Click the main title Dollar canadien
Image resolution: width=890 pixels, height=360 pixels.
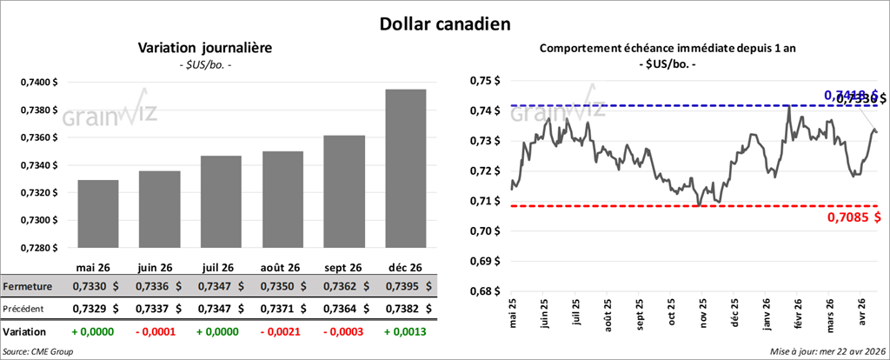[444, 23]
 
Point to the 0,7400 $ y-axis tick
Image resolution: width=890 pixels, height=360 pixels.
[38, 83]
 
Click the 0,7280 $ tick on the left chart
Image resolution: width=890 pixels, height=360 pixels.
[38, 247]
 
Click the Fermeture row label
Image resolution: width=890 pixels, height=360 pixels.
[29, 286]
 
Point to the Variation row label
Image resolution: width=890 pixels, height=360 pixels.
[25, 332]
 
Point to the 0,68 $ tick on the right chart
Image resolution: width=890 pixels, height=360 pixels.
[484, 291]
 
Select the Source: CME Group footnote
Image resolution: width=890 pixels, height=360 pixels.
[37, 351]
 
